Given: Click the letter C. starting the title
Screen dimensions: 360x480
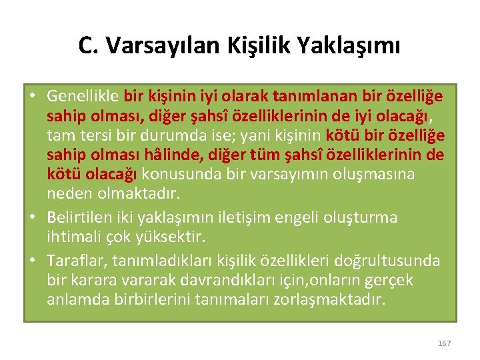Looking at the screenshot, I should (x=87, y=45).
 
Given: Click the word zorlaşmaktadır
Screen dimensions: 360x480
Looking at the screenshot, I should (x=330, y=299).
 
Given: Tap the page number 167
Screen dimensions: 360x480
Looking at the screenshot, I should (x=445, y=343).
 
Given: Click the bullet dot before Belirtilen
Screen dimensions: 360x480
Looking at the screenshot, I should (x=33, y=217).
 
